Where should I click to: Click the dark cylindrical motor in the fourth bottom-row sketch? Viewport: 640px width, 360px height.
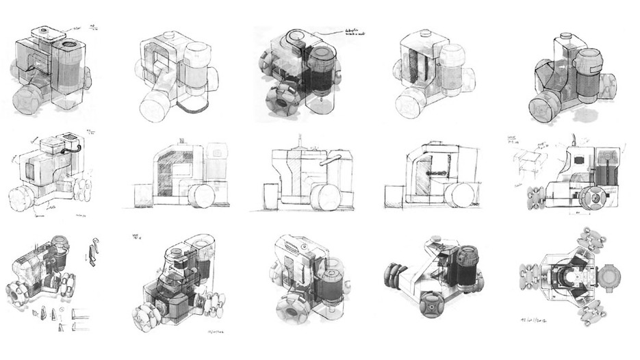[466, 265]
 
